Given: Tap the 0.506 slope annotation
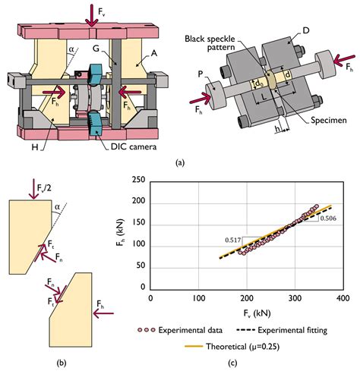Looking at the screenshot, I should click(329, 219).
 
